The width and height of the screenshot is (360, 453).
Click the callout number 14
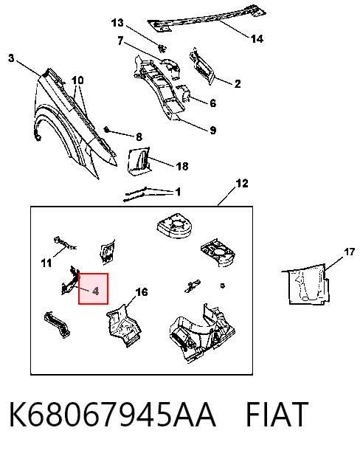point(257,38)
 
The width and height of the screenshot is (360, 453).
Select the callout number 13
point(117,23)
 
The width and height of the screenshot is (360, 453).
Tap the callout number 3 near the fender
point(11,58)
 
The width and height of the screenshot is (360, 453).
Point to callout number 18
point(182,166)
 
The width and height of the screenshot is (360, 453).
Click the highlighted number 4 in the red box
point(96,291)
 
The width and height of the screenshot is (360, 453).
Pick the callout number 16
point(142,292)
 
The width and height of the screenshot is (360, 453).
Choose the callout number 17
point(349,252)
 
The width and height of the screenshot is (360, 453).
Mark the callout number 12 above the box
point(242,183)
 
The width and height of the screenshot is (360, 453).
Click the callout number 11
point(46,263)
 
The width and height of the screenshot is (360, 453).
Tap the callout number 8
point(139,136)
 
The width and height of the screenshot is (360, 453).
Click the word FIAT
point(277,414)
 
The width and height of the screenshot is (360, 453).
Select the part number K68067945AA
point(113,414)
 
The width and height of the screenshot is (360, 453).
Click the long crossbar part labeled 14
point(207,18)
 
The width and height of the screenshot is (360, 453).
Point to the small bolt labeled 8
point(106,130)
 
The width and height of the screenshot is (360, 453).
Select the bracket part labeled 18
point(139,161)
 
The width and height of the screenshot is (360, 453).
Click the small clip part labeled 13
point(163,48)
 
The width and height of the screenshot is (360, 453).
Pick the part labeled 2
point(201,66)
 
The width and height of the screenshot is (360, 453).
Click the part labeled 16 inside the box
point(124,325)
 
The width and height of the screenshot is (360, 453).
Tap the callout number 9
point(213,131)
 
